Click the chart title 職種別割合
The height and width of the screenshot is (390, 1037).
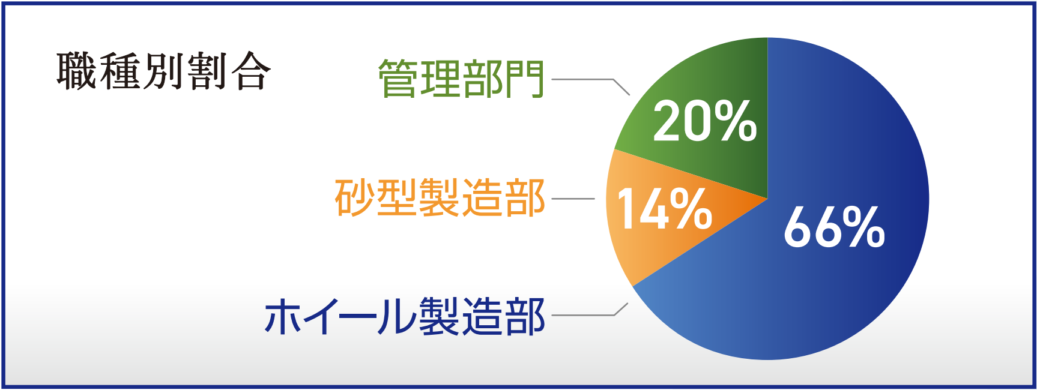click(163, 71)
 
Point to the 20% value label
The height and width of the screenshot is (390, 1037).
click(705, 121)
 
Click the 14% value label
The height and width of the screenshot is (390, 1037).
click(665, 208)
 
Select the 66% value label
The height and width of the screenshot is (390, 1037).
click(834, 226)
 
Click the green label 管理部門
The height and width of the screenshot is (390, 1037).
click(461, 79)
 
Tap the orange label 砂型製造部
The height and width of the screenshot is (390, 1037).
click(440, 197)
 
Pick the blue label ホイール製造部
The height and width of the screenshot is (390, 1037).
click(405, 316)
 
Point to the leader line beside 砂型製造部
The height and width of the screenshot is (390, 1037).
click(573, 199)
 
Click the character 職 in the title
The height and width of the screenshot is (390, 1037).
click(77, 71)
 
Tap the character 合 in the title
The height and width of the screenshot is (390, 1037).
click(251, 71)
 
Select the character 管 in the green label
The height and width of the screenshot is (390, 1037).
click(398, 79)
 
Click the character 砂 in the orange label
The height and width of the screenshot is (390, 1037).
click(355, 197)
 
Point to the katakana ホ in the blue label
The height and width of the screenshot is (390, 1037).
click(285, 316)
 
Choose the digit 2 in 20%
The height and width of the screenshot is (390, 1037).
click(669, 121)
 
